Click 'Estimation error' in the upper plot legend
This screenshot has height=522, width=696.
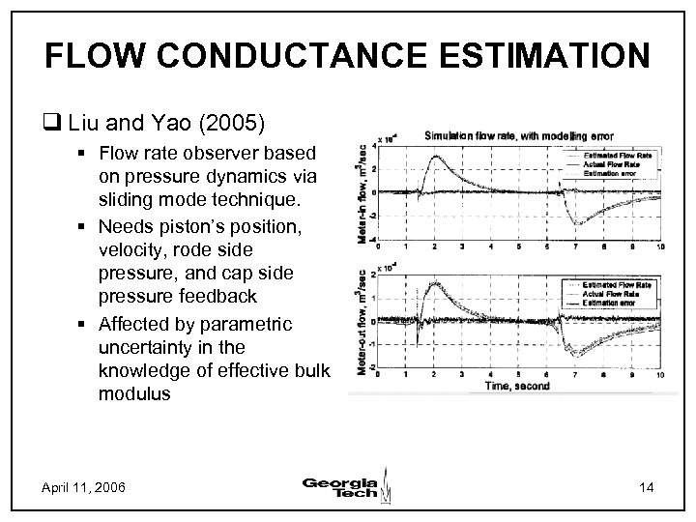click(x=620, y=173)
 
